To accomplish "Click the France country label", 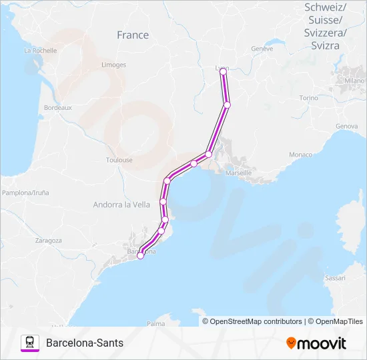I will pos(133,35).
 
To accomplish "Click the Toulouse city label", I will pos(119,160).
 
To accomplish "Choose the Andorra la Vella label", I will pos(121,205).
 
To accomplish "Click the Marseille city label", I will pos(239,173).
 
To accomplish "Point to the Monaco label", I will pos(300,155).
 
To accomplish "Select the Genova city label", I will pos(347,126).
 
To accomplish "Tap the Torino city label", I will pos(309,97).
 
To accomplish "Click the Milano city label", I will pos(354,81).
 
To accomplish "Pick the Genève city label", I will pos(262,49).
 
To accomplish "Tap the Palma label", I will pos(155,323).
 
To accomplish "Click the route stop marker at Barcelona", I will pos(140,255).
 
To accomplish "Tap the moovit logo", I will pos(316,343).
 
